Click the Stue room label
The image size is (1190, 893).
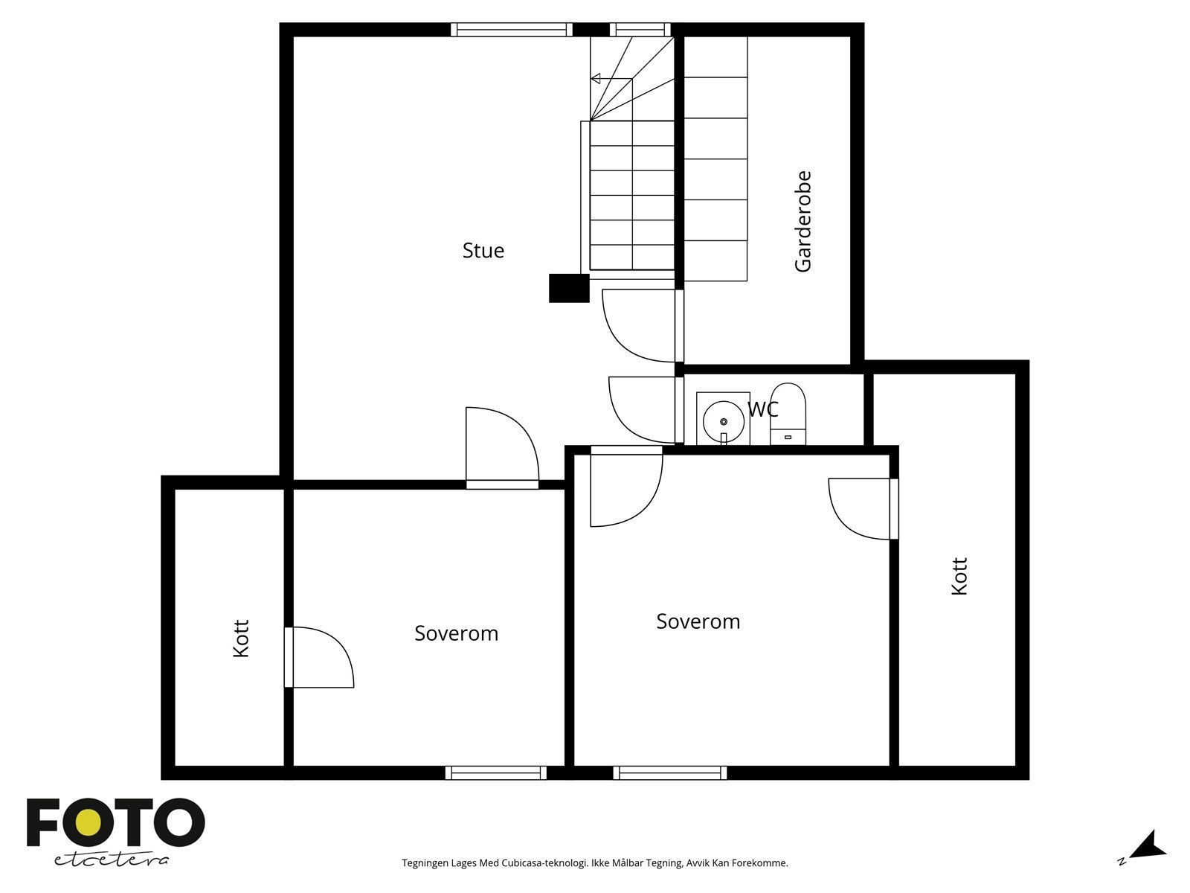pyautogui.click(x=483, y=251)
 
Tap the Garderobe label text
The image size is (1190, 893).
pyautogui.click(x=803, y=222)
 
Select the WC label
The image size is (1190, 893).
pyautogui.click(x=763, y=409)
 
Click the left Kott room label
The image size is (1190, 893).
pyautogui.click(x=241, y=638)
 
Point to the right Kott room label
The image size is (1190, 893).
pyautogui.click(x=959, y=576)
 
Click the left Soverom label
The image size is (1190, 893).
pyautogui.click(x=456, y=633)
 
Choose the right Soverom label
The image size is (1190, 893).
pyautogui.click(x=698, y=621)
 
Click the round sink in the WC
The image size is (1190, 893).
pyautogui.click(x=723, y=421)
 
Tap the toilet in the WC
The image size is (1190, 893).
pyautogui.click(x=788, y=414)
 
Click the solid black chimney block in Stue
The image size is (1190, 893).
pyautogui.click(x=569, y=288)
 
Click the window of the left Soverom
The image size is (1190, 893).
pyautogui.click(x=496, y=772)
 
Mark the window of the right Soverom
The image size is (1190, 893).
pyautogui.click(x=669, y=772)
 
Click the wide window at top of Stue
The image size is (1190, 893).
pyautogui.click(x=511, y=30)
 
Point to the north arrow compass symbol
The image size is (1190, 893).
pyautogui.click(x=1149, y=845)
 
